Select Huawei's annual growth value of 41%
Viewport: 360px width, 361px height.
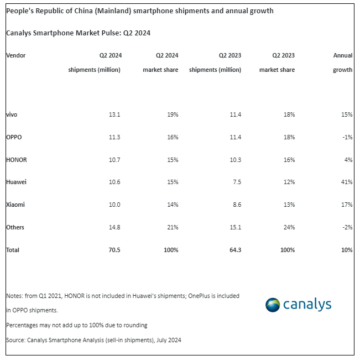[x=347, y=182]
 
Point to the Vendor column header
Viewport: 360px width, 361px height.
[x=15, y=55]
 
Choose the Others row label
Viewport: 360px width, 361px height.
[x=15, y=227]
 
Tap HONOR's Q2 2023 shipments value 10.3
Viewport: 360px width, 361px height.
[x=235, y=160]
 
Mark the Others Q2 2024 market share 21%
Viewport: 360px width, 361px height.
[x=172, y=227]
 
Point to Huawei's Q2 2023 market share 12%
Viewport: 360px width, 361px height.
[x=289, y=182]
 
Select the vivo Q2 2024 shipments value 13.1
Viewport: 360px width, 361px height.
[x=115, y=114]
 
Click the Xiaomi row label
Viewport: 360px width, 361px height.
[x=15, y=205]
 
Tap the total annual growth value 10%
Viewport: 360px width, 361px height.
[x=347, y=250]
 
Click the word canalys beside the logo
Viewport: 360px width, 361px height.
[x=307, y=305]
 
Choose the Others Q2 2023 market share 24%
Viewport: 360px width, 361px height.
[x=289, y=227]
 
